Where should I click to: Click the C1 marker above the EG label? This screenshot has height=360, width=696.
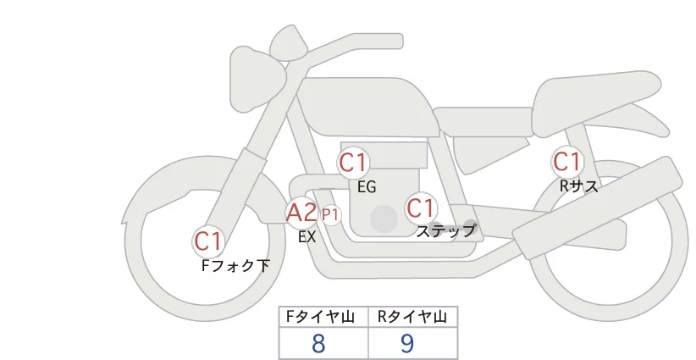pyautogui.click(x=353, y=163)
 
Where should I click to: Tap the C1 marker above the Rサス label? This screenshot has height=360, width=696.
pyautogui.click(x=566, y=162)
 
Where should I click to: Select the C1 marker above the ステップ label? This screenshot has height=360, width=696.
pyautogui.click(x=420, y=208)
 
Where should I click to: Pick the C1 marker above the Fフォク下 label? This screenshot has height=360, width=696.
pyautogui.click(x=207, y=242)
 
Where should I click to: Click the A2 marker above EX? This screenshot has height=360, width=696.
pyautogui.click(x=301, y=213)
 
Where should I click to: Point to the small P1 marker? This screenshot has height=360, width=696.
pyautogui.click(x=330, y=215)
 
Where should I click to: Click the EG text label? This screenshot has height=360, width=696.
pyautogui.click(x=367, y=187)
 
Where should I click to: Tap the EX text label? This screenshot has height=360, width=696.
pyautogui.click(x=307, y=237)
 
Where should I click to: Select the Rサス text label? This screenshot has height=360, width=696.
pyautogui.click(x=579, y=186)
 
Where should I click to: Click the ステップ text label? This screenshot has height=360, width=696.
pyautogui.click(x=445, y=231)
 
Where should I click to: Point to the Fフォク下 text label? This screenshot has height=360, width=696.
pyautogui.click(x=235, y=266)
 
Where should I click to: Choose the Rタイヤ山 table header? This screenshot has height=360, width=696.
pyautogui.click(x=412, y=317)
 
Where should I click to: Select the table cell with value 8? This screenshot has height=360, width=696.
pyautogui.click(x=323, y=343)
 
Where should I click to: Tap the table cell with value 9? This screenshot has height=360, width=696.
pyautogui.click(x=413, y=343)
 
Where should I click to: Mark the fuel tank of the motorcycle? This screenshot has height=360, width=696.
pyautogui.click(x=367, y=108)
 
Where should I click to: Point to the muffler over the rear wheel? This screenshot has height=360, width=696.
pyautogui.click(x=598, y=205)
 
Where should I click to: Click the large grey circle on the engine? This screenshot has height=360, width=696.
pyautogui.click(x=384, y=219)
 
